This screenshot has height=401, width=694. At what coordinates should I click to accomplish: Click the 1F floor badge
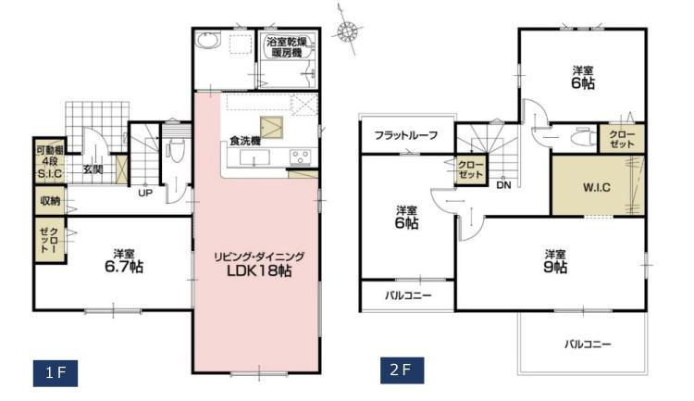tap(56, 373)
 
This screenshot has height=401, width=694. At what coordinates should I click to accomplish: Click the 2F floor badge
tap(402, 370)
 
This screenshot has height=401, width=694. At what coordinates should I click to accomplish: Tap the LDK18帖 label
tap(259, 271)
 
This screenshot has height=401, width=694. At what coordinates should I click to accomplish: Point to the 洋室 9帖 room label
tap(556, 261)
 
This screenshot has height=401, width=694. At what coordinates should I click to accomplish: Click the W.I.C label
tap(596, 187)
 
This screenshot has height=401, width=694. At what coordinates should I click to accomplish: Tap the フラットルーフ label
tap(406, 135)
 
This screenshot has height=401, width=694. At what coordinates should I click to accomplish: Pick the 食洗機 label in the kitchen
tap(244, 142)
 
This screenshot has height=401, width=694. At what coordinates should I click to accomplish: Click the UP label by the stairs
tap(145, 194)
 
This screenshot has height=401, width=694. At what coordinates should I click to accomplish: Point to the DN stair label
tap(503, 185)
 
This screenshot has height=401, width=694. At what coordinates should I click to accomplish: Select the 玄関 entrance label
tap(93, 169)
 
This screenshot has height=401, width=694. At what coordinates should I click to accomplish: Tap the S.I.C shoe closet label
tap(50, 173)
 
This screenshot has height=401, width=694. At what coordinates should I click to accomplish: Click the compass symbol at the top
tap(347, 31)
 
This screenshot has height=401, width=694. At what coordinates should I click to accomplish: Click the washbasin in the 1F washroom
tap(208, 41)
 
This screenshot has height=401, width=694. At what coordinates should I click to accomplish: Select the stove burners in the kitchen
tap(301, 157)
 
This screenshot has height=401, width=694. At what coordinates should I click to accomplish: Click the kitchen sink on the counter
tap(254, 157)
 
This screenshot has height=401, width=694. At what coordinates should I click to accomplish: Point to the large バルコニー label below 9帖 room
tap(588, 344)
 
